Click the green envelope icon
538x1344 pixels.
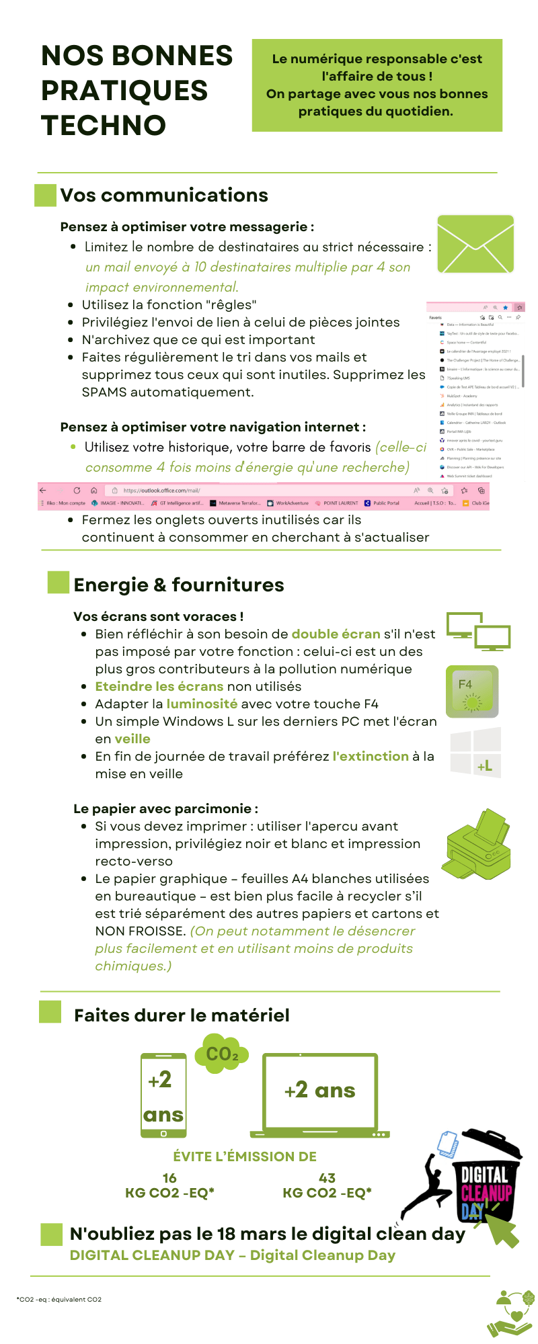click(475, 244)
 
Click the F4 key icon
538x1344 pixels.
click(472, 691)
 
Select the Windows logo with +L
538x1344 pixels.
click(476, 753)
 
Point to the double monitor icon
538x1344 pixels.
click(479, 632)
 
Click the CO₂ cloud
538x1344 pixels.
click(222, 1054)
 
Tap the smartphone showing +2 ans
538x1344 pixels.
click(163, 1095)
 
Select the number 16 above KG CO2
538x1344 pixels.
click(169, 1178)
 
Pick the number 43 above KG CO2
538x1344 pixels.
click(327, 1178)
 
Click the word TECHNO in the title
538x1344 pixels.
click(104, 126)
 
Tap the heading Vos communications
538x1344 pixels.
click(164, 196)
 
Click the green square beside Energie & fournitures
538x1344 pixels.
click(59, 582)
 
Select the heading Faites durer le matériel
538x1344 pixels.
click(182, 1015)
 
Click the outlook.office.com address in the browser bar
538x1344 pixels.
click(161, 491)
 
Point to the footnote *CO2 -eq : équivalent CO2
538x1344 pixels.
click(59, 1299)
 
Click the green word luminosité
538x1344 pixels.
click(202, 704)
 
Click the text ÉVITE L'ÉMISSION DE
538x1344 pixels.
click(245, 1157)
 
